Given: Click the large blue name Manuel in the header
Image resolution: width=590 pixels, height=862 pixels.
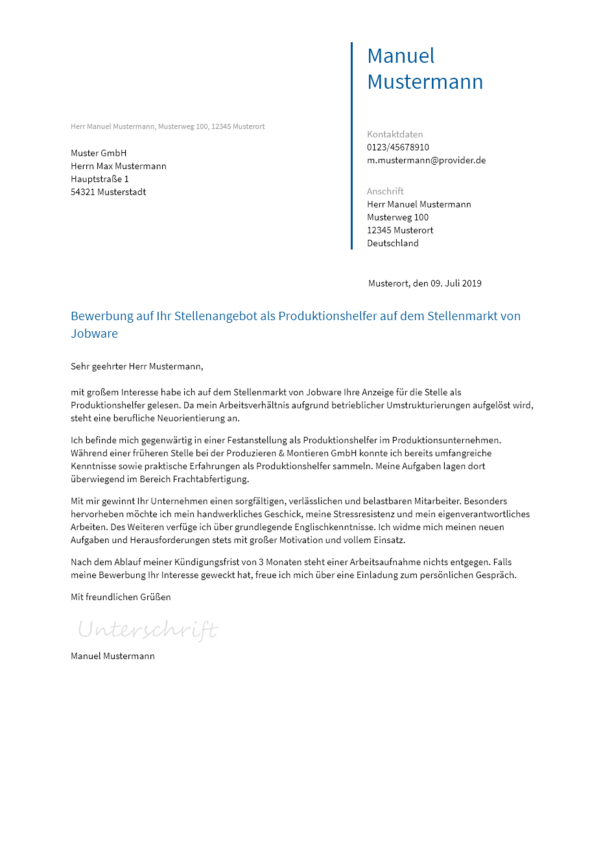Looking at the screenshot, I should (401, 56).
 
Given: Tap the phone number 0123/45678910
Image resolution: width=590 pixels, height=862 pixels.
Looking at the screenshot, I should (398, 147).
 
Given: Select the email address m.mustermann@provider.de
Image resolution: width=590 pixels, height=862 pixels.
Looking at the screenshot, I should (426, 160).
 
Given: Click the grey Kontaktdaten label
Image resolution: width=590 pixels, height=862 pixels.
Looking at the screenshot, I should (395, 134).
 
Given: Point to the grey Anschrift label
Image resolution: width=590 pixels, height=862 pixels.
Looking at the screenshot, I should (385, 191).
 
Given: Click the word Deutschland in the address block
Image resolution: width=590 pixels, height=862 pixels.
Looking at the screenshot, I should (393, 243).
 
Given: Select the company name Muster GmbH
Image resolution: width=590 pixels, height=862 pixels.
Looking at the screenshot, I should (99, 153).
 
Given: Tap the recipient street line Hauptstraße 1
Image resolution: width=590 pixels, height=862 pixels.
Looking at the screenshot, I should (100, 179).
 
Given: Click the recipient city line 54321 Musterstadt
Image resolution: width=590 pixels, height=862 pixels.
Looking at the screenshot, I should (108, 192).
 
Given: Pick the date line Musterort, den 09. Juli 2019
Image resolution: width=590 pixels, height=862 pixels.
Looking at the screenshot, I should (425, 283).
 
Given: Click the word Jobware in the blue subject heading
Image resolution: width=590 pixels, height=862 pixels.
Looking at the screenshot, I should (94, 334).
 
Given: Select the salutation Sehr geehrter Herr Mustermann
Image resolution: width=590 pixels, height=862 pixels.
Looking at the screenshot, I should (137, 366).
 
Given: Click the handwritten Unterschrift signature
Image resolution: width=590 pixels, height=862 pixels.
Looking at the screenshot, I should (148, 629).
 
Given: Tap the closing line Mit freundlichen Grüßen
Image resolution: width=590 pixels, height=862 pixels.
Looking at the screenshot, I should (121, 597).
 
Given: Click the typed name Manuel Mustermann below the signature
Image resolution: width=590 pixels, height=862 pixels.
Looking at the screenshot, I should (113, 656).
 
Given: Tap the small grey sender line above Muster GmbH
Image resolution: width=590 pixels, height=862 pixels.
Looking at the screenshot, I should (167, 126).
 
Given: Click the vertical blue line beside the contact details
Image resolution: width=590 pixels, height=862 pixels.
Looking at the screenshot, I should (351, 146).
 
